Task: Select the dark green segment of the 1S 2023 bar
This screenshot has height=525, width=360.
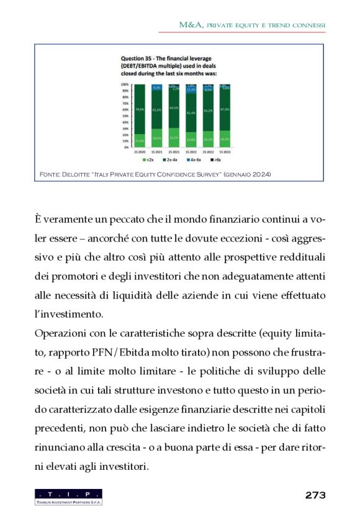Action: tap(226, 112)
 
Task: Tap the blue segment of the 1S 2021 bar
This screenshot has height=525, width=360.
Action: tap(157, 88)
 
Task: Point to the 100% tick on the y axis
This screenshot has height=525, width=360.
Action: tap(125, 84)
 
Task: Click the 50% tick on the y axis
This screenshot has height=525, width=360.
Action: tap(125, 115)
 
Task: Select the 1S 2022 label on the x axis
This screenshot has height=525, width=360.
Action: tap(191, 151)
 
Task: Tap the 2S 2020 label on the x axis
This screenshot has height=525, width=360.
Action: tap(140, 151)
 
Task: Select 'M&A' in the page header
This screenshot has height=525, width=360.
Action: tap(188, 25)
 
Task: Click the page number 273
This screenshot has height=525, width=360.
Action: tap(315, 495)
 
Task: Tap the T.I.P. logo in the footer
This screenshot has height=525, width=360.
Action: tap(68, 496)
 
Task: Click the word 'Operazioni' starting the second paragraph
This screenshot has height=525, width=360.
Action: tap(61, 334)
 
